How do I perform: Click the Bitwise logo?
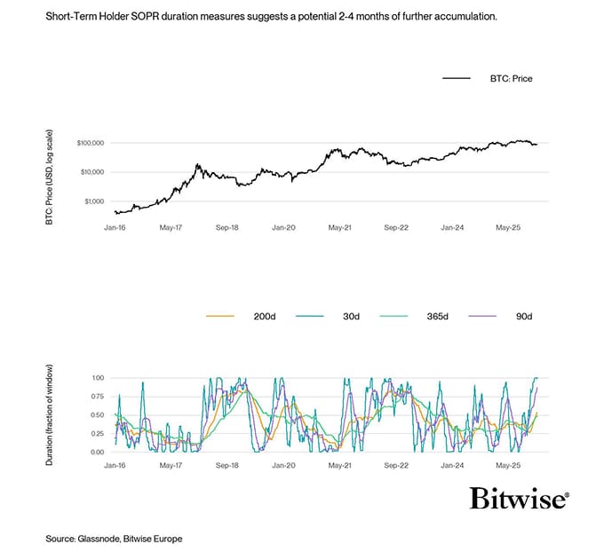point(520,499)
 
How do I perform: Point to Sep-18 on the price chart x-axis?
point(226,228)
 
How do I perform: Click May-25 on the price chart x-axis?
point(508,228)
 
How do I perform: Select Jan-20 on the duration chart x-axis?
point(283,465)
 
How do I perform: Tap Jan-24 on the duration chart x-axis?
point(452,465)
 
